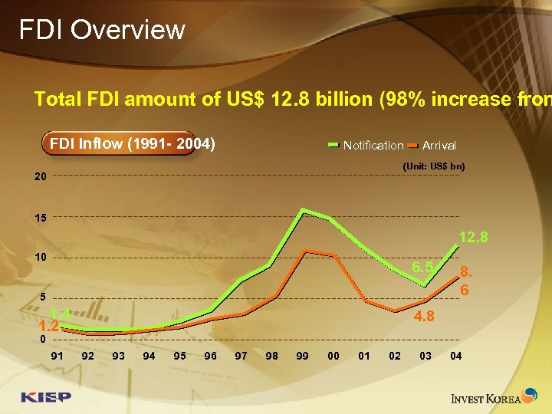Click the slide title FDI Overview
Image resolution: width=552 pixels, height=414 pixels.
coord(102,29)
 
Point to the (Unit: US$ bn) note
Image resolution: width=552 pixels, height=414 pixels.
coord(434,166)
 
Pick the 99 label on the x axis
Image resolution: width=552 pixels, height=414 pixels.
coord(302,356)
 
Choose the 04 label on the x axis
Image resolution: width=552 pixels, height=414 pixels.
coord(455,356)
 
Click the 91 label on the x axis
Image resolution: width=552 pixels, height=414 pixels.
coord(57,356)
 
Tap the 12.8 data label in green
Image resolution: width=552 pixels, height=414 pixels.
coord(473,237)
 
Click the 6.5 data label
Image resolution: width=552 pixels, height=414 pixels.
coord(423,267)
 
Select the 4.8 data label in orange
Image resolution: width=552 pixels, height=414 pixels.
coord(424,316)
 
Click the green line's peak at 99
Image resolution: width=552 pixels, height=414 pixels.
coord(304,209)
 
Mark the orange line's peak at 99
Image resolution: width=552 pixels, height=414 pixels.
coord(305,251)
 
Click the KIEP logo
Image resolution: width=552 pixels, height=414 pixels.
coord(46,396)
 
